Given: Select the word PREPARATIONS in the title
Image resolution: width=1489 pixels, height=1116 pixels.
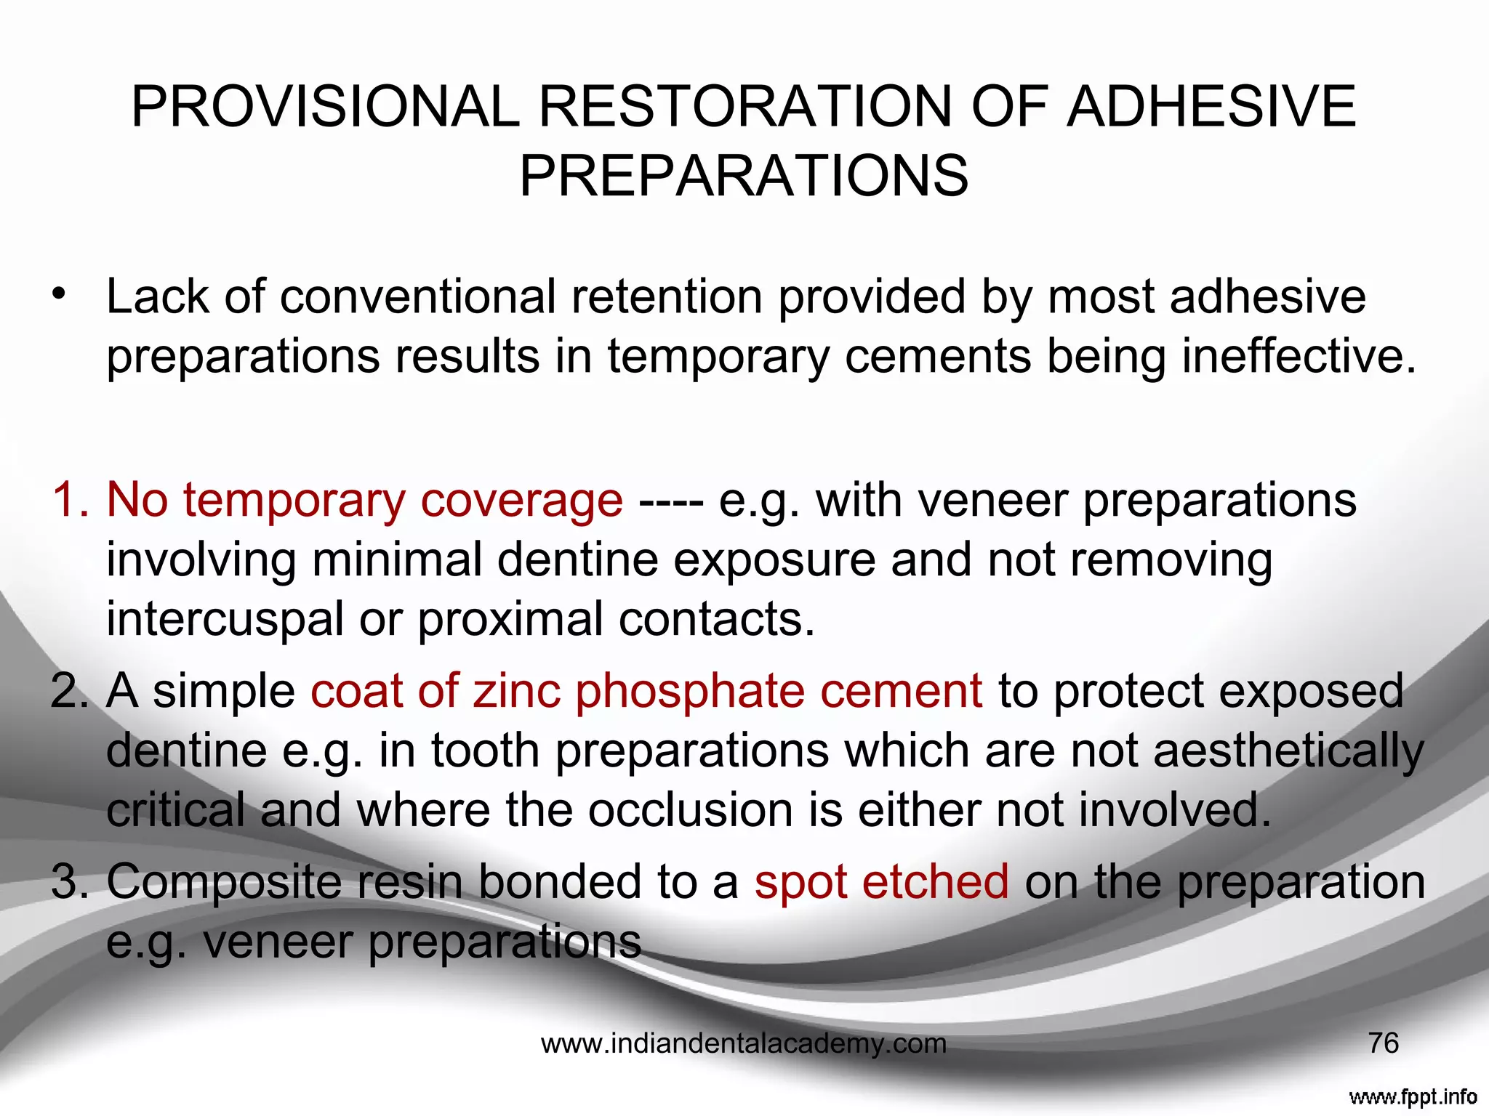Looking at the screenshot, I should point(744,176).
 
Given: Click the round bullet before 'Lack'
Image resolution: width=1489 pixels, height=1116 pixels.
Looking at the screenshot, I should point(59,294).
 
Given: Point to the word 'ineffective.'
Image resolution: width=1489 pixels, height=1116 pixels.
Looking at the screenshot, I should point(1299,356).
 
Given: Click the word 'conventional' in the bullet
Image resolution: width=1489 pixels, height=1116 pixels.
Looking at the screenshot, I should point(417,297).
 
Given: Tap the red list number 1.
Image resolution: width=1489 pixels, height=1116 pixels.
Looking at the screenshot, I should point(70,500).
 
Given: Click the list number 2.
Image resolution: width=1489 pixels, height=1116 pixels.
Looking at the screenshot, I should point(70,690).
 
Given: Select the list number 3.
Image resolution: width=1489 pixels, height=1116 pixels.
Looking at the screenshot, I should point(70,881).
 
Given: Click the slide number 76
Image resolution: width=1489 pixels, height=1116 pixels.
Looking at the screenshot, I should point(1383,1043).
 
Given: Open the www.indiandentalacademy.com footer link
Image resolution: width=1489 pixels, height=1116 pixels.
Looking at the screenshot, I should point(744,1044).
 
